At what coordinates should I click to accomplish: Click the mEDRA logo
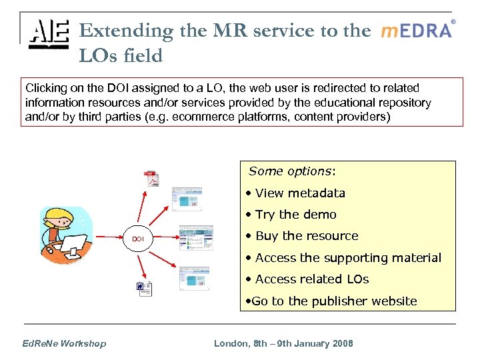[x=417, y=31]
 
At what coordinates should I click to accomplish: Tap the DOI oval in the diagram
[x=137, y=239]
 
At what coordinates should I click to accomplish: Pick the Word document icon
[x=145, y=289]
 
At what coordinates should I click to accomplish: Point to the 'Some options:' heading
[x=292, y=171]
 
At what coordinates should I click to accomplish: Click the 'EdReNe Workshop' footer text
[x=64, y=343]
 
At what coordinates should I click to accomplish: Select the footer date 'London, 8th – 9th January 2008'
[x=283, y=343]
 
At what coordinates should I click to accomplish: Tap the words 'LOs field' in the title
[x=121, y=56]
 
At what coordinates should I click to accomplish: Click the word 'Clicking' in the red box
[x=45, y=88]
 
